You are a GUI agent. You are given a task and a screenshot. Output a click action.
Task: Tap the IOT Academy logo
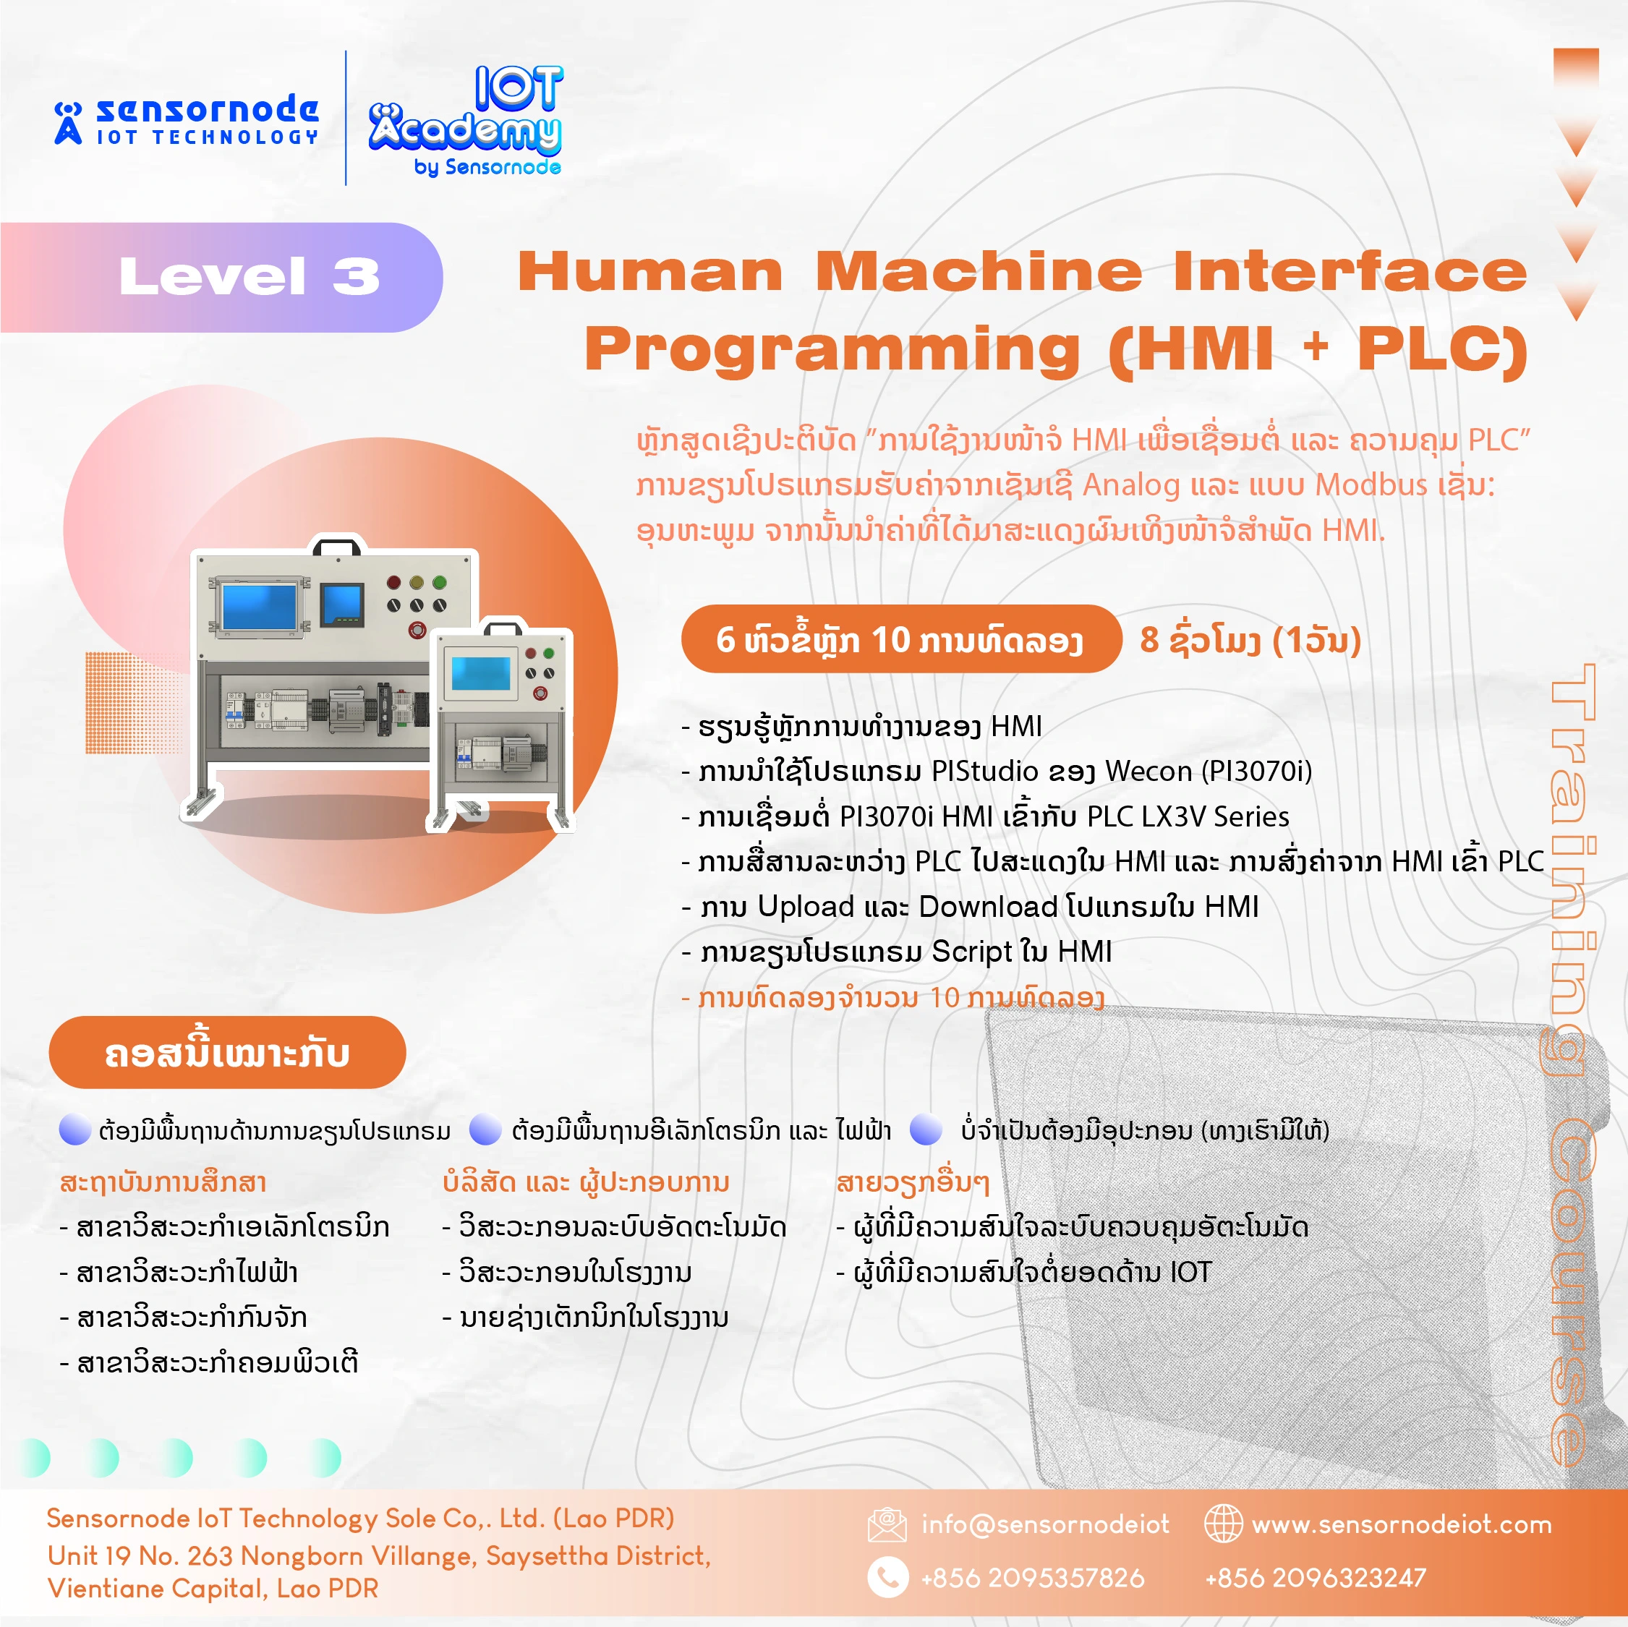pyautogui.click(x=465, y=121)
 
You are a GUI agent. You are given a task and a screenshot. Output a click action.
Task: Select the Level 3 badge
pyautogui.click(x=221, y=276)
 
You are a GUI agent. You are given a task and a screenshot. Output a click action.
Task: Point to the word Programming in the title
pyautogui.click(x=832, y=349)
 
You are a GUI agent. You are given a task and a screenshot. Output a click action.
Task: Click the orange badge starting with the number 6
pyautogui.click(x=900, y=639)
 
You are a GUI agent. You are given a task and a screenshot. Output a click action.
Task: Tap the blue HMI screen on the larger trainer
pyautogui.click(x=259, y=606)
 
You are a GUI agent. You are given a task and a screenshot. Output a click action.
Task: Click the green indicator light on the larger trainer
pyautogui.click(x=439, y=581)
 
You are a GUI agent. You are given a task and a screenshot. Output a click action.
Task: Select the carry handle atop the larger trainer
pyautogui.click(x=337, y=547)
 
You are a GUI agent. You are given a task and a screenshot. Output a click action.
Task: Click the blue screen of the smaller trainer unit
pyautogui.click(x=480, y=672)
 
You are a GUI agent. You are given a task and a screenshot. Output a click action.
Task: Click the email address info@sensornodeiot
pyautogui.click(x=1045, y=1524)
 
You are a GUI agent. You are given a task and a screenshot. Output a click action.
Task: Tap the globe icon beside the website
pyautogui.click(x=1223, y=1524)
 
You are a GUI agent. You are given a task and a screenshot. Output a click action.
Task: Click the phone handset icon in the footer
pyautogui.click(x=888, y=1576)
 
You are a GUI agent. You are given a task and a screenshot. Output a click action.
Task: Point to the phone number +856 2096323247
pyautogui.click(x=1316, y=1577)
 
